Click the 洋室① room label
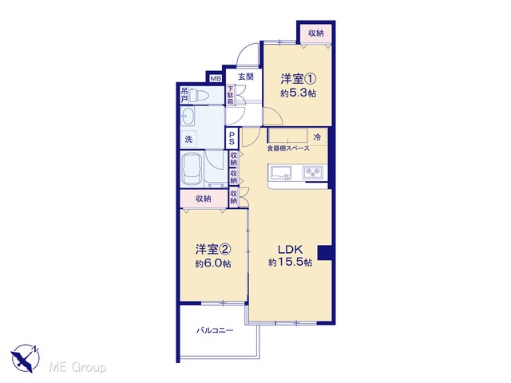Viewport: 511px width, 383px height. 299,79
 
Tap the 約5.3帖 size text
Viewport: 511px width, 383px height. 298,93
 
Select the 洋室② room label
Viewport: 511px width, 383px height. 213,250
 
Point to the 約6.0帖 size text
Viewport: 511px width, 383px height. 213,263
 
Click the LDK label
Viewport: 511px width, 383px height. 290,250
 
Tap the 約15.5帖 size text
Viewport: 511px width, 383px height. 290,263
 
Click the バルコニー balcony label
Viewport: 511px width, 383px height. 215,330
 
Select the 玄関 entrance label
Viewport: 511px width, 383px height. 246,77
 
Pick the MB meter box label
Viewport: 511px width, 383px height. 216,78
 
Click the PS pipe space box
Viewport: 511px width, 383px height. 232,138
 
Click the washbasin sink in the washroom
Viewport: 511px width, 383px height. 188,116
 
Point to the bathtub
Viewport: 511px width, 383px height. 192,168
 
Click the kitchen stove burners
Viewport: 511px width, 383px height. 313,172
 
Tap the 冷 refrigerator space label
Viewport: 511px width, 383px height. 317,137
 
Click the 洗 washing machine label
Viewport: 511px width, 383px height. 188,140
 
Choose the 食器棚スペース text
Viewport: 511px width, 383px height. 288,148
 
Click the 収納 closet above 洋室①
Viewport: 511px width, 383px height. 316,33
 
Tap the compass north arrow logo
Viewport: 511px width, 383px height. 26,358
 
